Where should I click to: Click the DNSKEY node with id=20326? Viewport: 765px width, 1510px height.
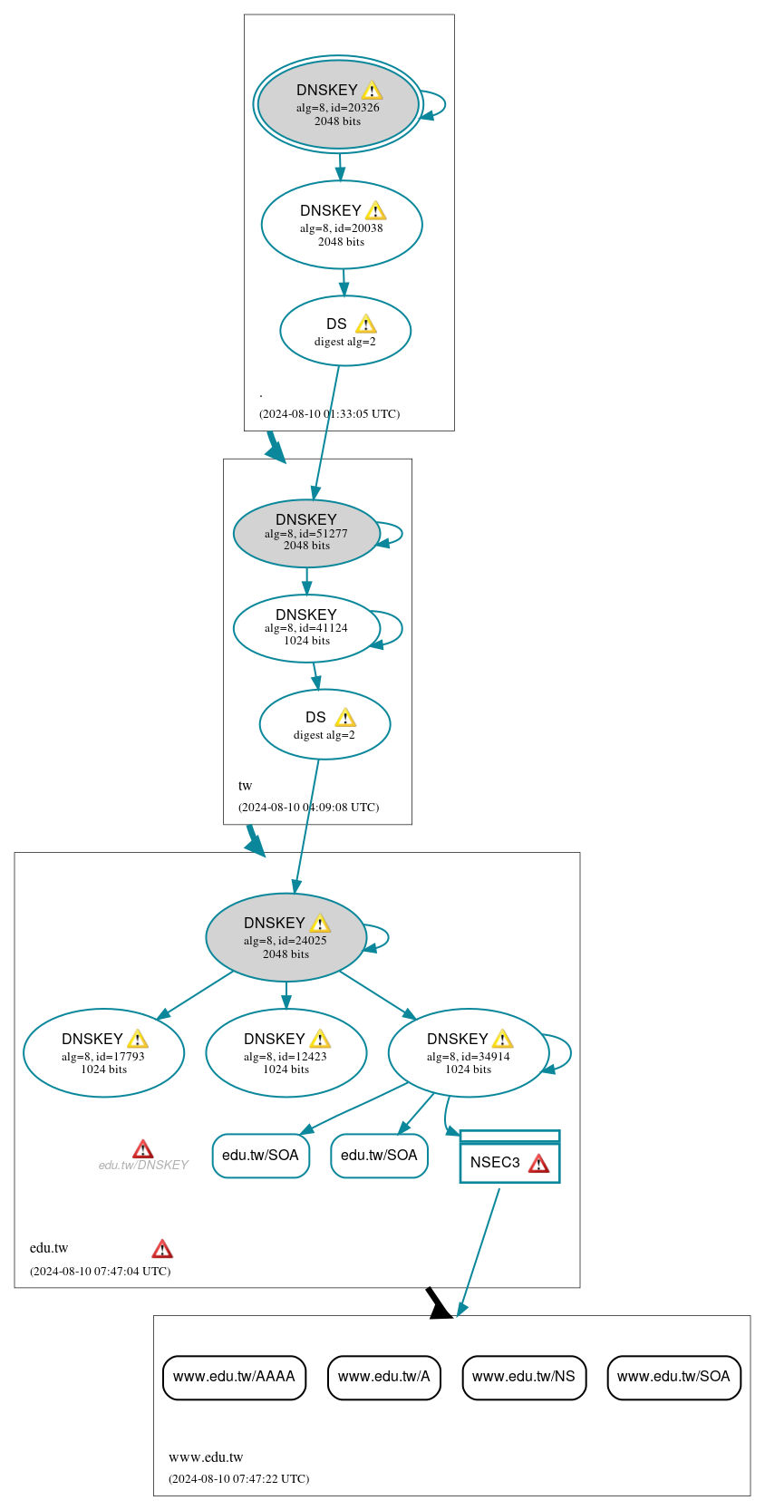pos(338,104)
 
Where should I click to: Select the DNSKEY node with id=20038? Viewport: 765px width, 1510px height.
pos(342,225)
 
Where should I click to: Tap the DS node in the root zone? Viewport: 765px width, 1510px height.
pos(345,331)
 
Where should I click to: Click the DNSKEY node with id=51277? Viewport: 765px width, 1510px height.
pos(306,534)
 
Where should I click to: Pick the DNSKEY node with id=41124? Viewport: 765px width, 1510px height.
pos(306,628)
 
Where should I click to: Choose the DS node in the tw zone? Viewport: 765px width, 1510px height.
pos(324,724)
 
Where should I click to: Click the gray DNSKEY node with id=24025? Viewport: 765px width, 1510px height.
pos(286,937)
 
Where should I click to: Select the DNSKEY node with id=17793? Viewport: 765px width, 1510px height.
pos(103,1052)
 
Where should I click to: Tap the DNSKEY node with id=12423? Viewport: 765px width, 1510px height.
pos(286,1052)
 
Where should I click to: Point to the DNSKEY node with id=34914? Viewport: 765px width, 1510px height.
pos(469,1052)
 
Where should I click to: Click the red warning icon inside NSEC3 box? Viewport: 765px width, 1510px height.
pos(538,1164)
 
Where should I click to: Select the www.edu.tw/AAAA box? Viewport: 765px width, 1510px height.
pos(234,1377)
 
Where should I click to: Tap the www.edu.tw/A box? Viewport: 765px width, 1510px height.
pos(383,1377)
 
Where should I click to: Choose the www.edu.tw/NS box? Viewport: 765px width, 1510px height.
pos(524,1377)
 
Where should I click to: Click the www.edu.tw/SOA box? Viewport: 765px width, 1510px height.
pos(673,1377)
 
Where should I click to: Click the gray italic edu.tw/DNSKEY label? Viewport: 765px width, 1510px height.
pos(143,1165)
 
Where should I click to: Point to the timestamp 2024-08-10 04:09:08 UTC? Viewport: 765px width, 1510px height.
pos(308,807)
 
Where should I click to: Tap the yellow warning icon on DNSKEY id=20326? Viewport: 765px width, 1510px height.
pos(372,91)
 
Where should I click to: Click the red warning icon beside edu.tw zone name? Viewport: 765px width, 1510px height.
pos(162,1249)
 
